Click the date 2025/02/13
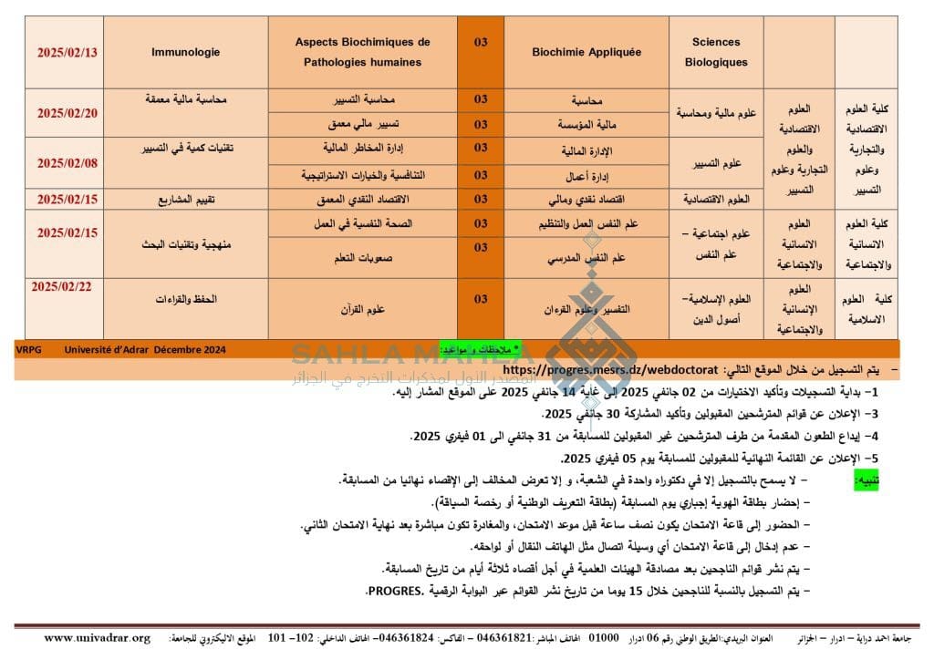point(66,52)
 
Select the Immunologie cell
point(185,52)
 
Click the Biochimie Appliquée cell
point(586,52)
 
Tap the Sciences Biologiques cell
point(716,52)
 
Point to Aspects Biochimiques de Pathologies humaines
point(362,52)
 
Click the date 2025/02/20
point(66,112)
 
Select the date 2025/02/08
point(66,162)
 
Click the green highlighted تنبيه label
point(866,479)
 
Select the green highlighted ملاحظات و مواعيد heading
point(479,349)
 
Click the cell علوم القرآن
point(362,309)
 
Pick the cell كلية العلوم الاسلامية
point(866,309)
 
